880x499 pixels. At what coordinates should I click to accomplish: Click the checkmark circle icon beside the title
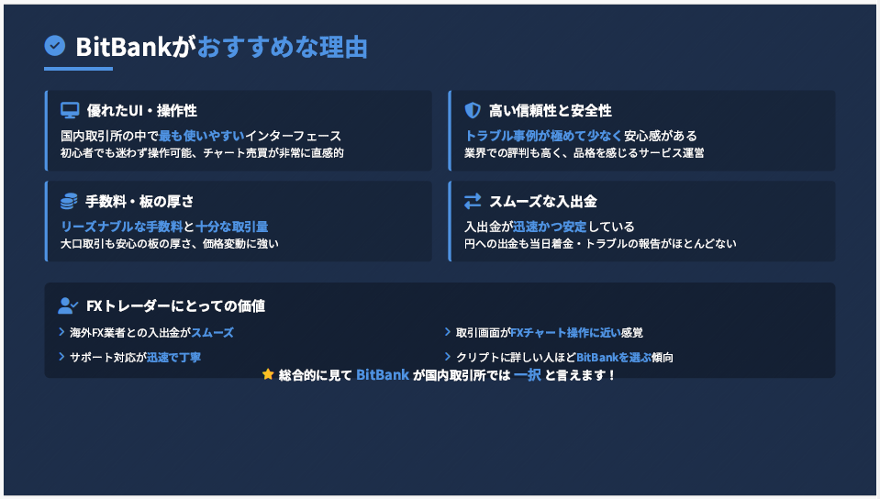55,46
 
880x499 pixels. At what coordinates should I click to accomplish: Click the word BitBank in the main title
123,47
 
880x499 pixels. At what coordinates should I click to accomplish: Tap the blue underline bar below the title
79,69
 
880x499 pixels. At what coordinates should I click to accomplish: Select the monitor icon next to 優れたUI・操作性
70,111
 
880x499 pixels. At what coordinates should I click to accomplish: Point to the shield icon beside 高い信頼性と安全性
473,111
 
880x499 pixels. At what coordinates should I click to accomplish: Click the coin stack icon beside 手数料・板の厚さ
69,201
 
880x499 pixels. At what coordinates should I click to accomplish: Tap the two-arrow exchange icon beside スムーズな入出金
473,201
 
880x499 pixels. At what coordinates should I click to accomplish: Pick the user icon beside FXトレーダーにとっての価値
68,305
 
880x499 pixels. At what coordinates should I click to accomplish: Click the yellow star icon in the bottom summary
268,374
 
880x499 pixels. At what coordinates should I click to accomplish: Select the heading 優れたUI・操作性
142,111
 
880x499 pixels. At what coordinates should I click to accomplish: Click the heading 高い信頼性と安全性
550,111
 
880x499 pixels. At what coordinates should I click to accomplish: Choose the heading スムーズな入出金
543,201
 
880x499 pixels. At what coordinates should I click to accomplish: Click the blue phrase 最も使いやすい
202,136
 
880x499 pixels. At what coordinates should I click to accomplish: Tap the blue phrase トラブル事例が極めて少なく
544,136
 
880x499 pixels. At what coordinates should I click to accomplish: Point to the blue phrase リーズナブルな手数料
122,227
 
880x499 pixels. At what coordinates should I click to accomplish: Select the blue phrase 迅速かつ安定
550,227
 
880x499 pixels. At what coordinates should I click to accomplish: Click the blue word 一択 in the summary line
528,374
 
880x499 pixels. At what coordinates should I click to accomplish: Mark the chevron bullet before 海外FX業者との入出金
61,332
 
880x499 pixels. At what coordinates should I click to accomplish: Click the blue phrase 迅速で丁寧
173,357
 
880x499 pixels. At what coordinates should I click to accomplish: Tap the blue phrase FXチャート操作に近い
565,332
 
